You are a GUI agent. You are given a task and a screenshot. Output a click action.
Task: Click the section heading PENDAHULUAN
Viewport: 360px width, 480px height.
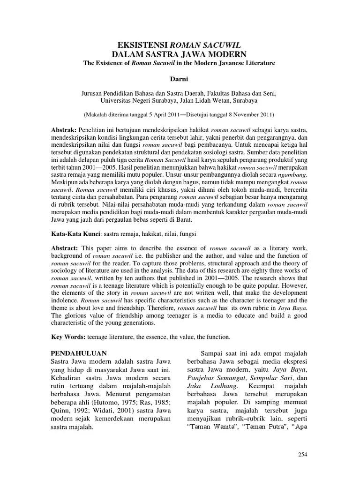(x=78, y=353)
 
